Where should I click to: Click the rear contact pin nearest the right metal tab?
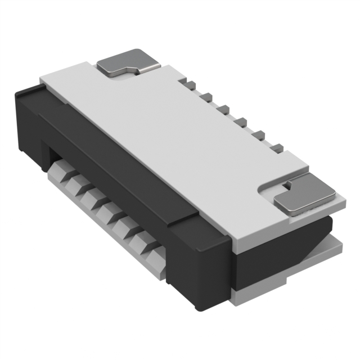coord(278,147)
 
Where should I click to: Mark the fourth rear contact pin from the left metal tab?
coord(242,121)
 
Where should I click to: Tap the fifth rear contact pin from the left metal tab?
coord(260,134)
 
